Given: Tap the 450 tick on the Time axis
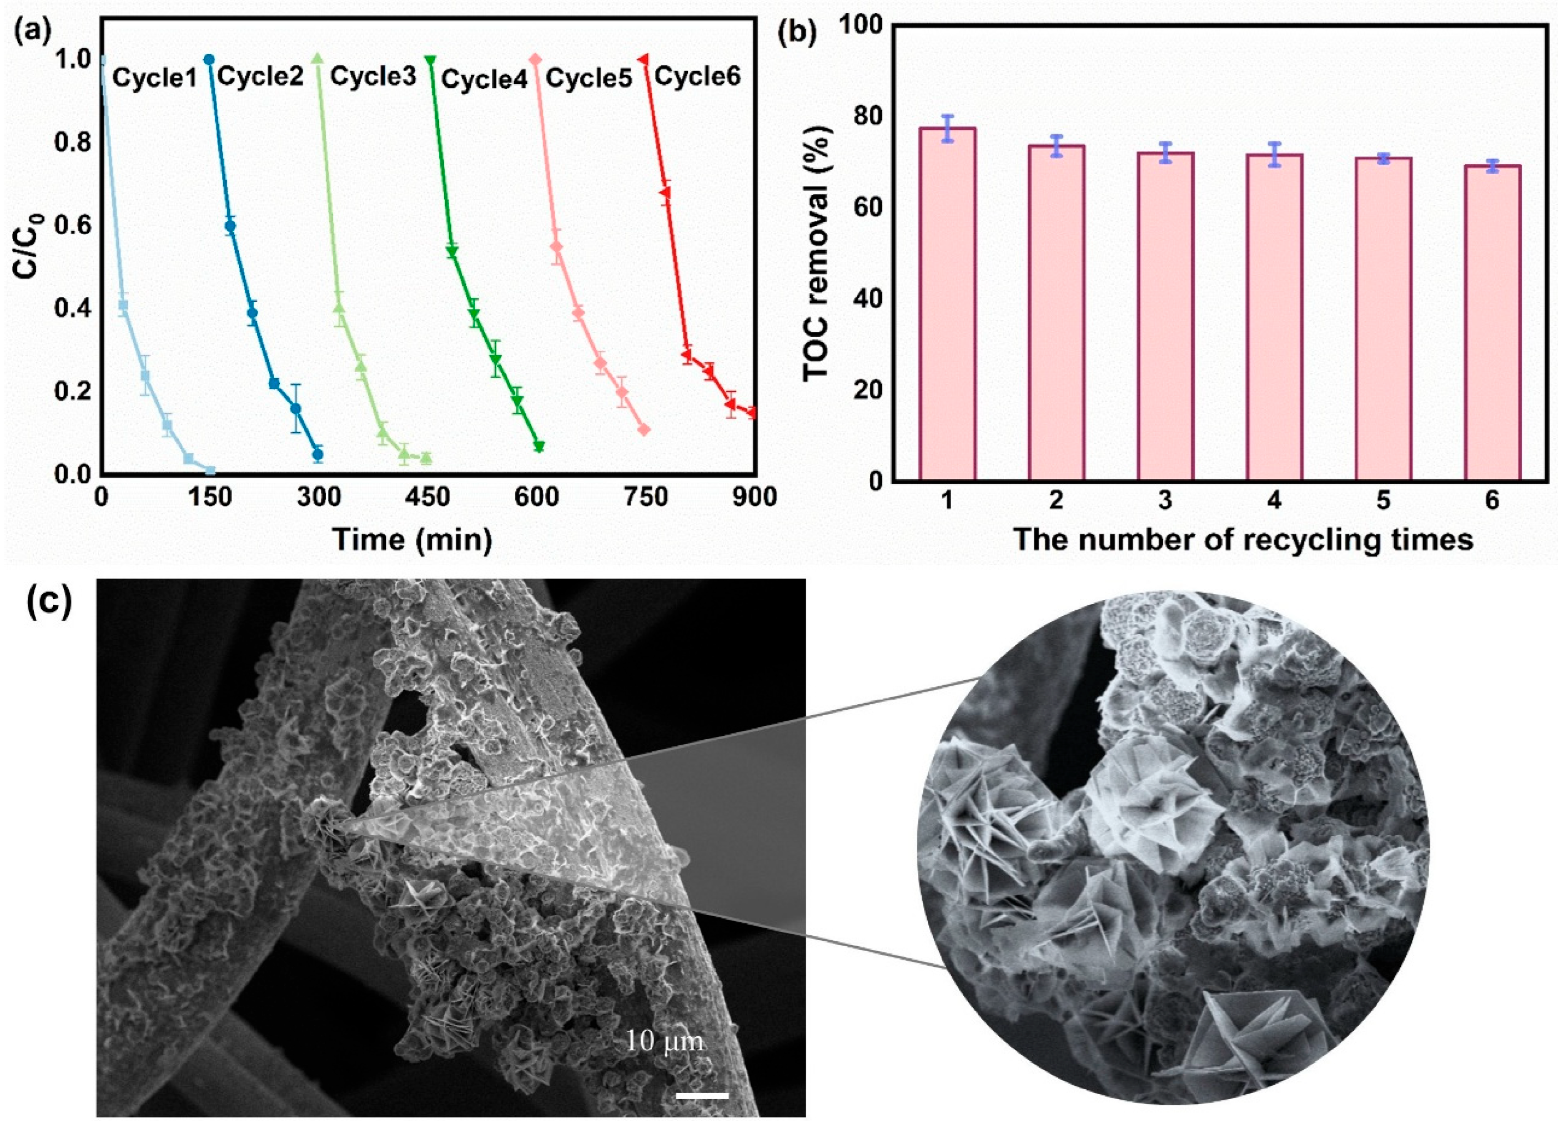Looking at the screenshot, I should click(428, 497).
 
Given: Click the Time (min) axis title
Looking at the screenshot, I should click(412, 540).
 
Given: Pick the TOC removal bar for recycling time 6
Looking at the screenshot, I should click(1492, 322).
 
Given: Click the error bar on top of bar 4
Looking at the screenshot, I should click(1274, 155).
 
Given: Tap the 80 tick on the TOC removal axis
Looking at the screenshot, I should click(867, 116).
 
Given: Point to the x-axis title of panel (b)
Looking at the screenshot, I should click(1243, 540).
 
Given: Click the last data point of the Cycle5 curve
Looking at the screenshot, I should click(644, 429).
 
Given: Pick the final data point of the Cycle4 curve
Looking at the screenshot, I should click(539, 447).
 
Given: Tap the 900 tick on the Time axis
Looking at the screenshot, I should click(754, 497).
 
